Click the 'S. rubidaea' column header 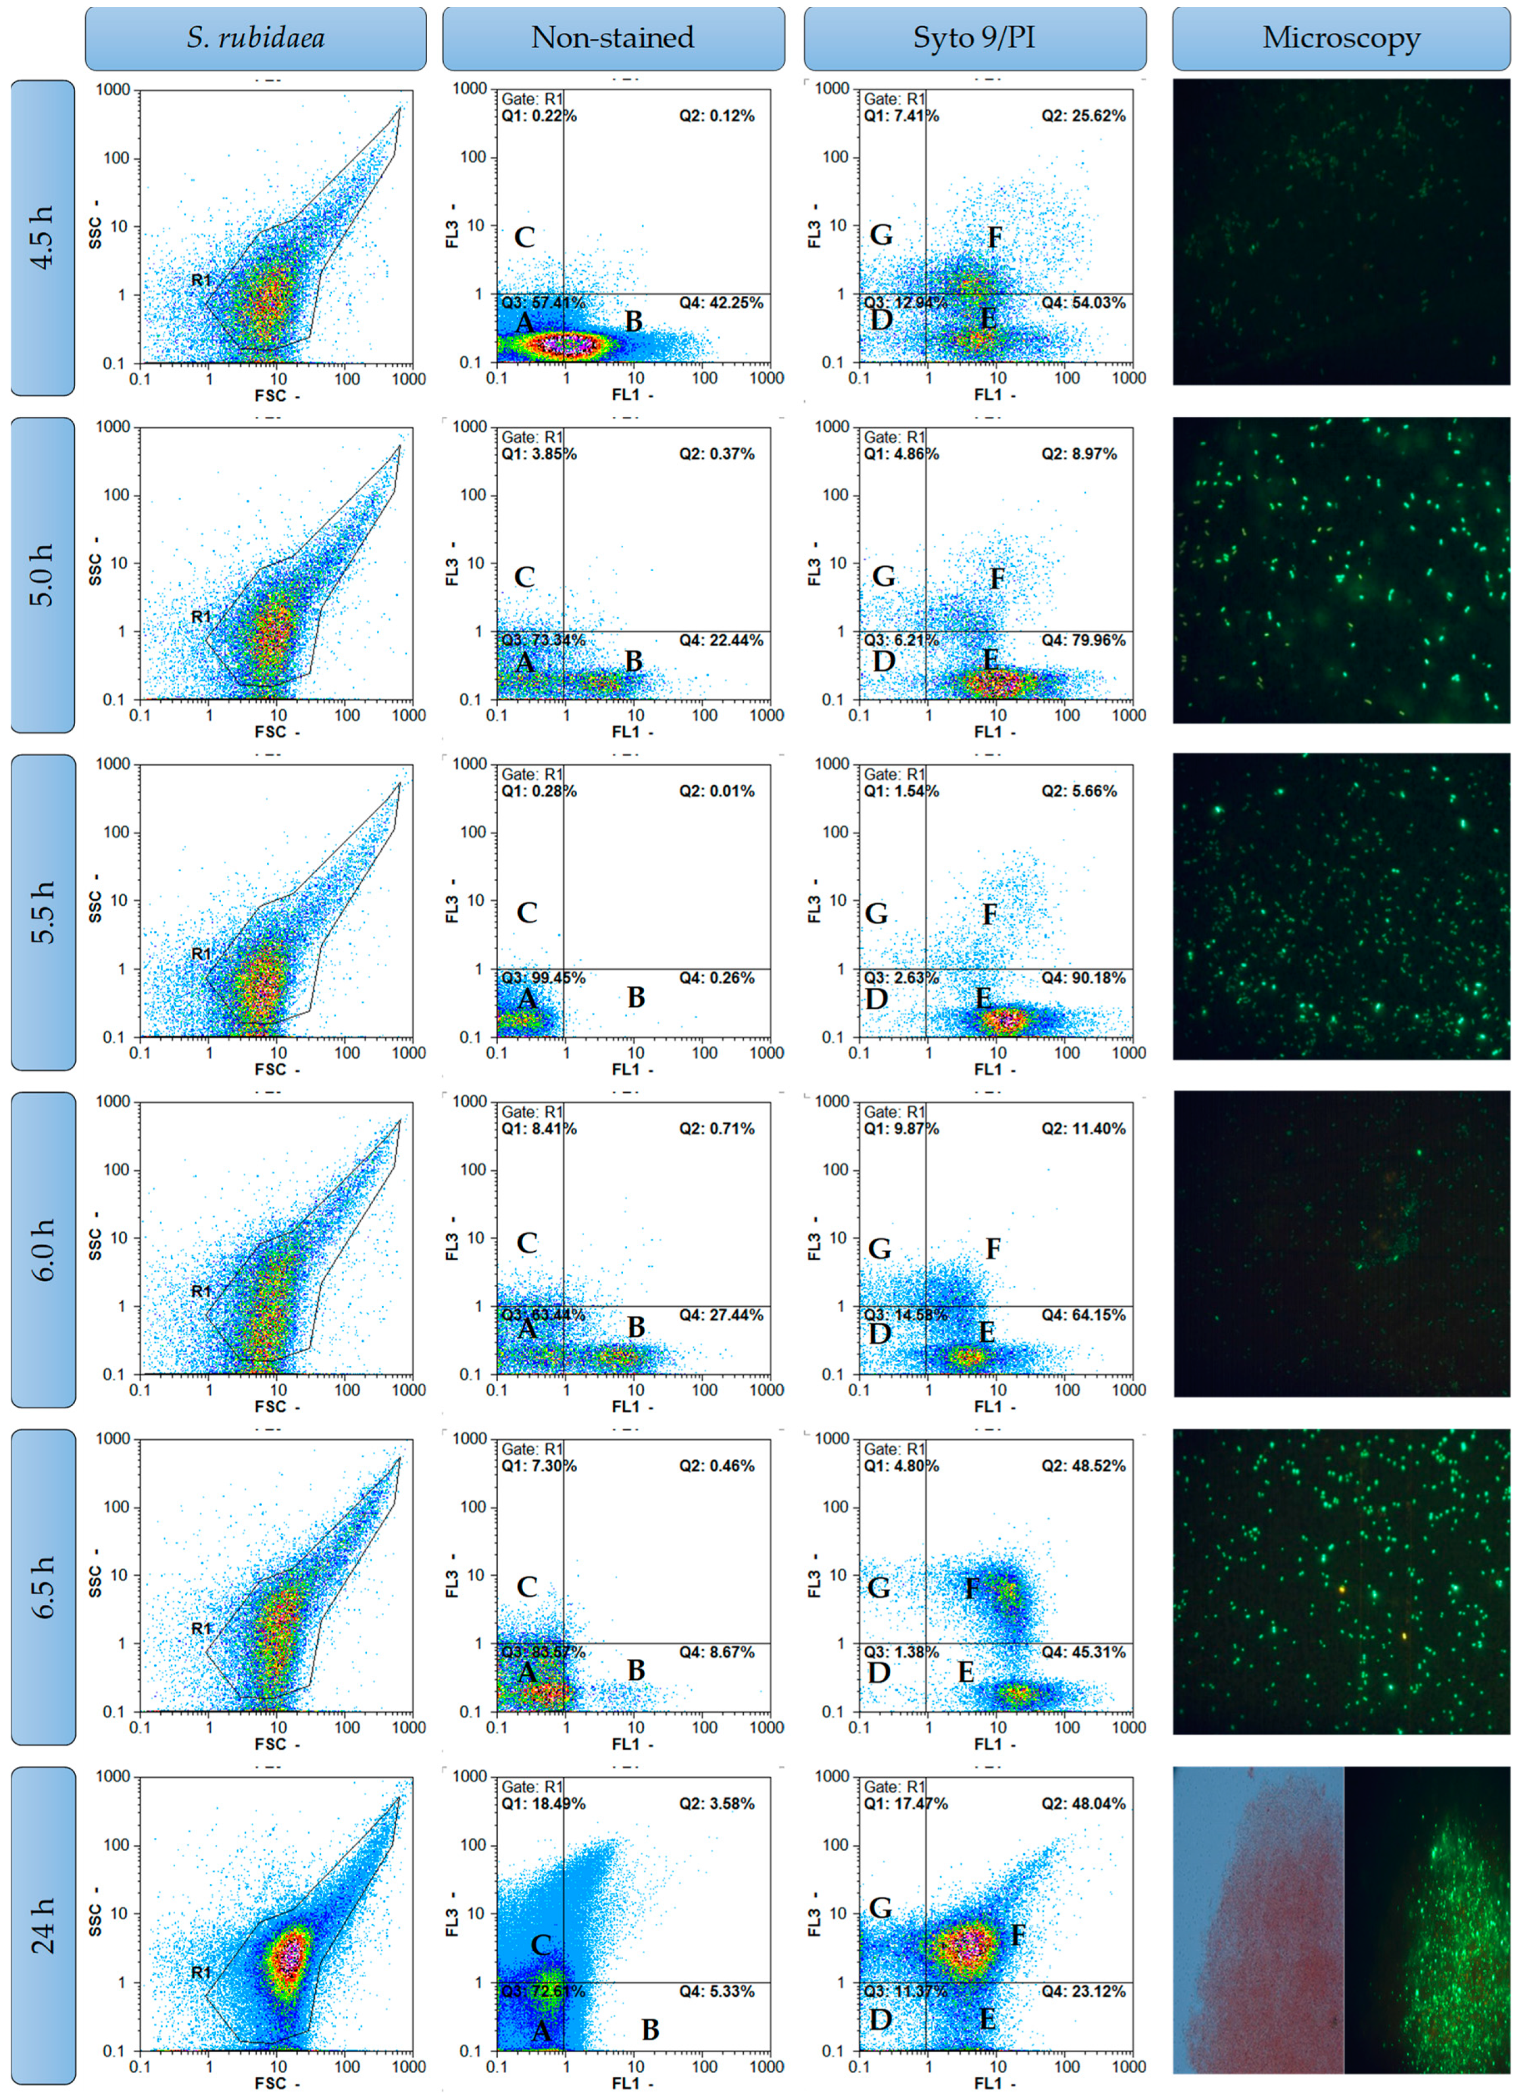tap(256, 38)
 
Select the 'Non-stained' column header tap(612, 38)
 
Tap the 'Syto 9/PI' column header tap(974, 38)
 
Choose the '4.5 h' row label tap(42, 238)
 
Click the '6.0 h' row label tap(42, 1249)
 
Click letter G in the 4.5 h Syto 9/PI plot tap(881, 235)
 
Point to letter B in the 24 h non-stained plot tap(650, 2030)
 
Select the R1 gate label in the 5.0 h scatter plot tap(201, 617)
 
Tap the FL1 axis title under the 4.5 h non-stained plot tap(632, 395)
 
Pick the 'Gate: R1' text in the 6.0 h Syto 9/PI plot tap(893, 1112)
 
